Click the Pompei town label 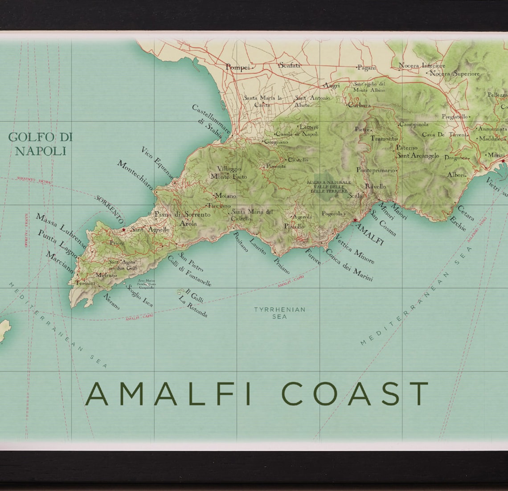tap(238, 67)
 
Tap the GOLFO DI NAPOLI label tap(40, 144)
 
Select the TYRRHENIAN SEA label tap(279, 313)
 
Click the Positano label tap(240, 241)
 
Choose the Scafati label tap(290, 65)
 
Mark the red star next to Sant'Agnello tap(124, 230)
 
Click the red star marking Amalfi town tap(355, 220)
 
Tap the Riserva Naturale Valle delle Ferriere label tap(329, 186)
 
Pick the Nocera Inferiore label tap(422, 65)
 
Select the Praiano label tap(281, 266)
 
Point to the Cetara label tap(466, 212)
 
